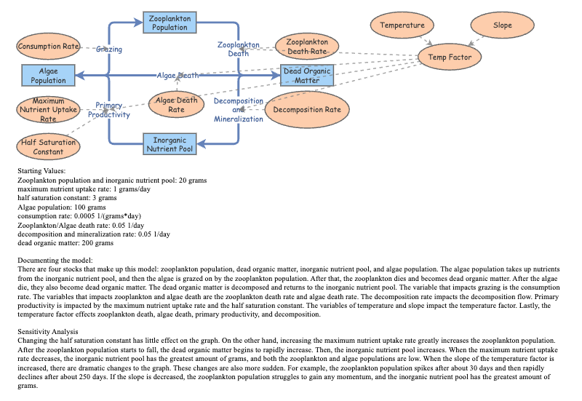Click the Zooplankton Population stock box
170,23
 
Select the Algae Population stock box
48,75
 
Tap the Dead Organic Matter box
306,76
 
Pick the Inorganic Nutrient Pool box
170,144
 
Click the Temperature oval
402,25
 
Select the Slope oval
503,25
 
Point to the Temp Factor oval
450,57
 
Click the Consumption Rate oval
48,47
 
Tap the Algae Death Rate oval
176,105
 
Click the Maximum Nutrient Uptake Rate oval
48,110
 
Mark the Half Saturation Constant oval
48,147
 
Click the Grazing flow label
109,49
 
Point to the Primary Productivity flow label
109,110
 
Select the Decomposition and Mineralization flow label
238,110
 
